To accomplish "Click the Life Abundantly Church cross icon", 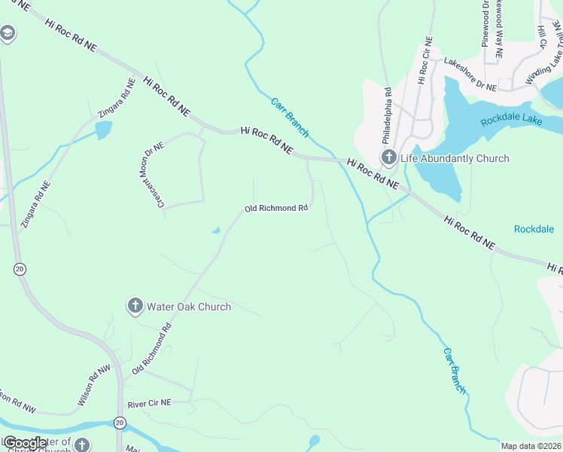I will pos(388,157).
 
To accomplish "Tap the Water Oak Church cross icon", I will pos(135,306).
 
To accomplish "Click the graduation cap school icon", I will pos(8,33).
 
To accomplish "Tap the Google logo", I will pos(26,444).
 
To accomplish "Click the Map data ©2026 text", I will pos(531,446).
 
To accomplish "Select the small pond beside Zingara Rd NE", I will pos(103,130).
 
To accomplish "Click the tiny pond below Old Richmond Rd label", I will pos(216,231).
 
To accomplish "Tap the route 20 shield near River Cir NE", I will pos(119,423).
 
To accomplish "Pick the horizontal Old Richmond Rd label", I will pos(276,208).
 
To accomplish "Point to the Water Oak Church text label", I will pos(188,307).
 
